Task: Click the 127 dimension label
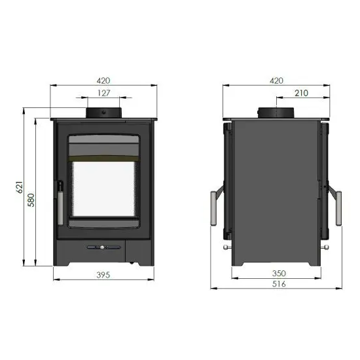103,93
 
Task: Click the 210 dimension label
301,93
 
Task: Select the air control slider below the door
103,247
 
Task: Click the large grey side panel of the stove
275,190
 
